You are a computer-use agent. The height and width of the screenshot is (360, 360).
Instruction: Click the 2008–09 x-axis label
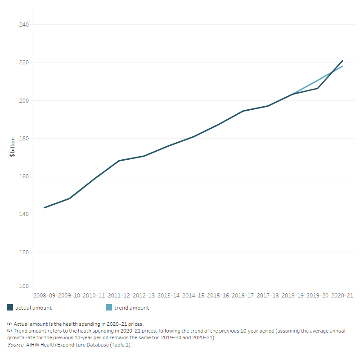pyautogui.click(x=44, y=296)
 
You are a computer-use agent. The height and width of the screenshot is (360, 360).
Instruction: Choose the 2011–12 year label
pyautogui.click(x=119, y=296)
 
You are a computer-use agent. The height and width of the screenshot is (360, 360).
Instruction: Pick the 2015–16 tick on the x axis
pyautogui.click(x=218, y=296)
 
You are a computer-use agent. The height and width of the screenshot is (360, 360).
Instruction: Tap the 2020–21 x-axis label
pyautogui.click(x=342, y=296)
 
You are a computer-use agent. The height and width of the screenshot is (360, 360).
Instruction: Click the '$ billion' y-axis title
pyautogui.click(x=13, y=147)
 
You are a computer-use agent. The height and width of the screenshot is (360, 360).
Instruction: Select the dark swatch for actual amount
pyautogui.click(x=10, y=308)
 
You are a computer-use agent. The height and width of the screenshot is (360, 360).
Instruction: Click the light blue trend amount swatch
pyautogui.click(x=108, y=308)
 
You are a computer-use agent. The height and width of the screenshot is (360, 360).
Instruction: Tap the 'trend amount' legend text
pyautogui.click(x=132, y=308)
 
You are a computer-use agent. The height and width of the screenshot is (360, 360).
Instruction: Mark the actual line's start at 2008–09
pyautogui.click(x=45, y=207)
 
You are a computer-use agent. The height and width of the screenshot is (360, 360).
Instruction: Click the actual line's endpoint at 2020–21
pyautogui.click(x=342, y=61)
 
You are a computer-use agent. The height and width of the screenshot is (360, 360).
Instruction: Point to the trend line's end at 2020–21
pyautogui.click(x=342, y=67)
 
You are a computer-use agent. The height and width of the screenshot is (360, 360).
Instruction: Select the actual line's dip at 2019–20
pyautogui.click(x=318, y=88)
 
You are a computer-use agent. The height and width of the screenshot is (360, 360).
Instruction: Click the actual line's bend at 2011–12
pyautogui.click(x=119, y=161)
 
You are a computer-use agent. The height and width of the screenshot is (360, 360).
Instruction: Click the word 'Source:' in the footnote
pyautogui.click(x=16, y=344)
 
